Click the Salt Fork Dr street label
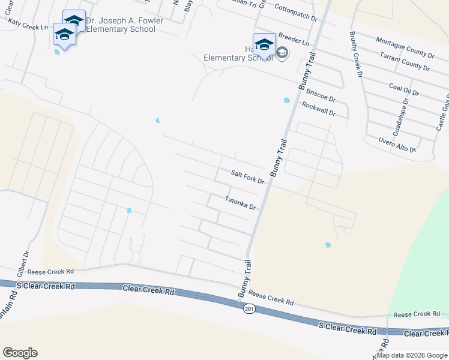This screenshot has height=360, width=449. pos(248,176)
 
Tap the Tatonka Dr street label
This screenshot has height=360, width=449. pos(241,203)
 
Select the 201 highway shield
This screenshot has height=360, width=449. pos(249,308)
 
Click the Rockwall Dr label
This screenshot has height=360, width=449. pos(318,108)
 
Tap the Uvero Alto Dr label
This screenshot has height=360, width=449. pos(397,144)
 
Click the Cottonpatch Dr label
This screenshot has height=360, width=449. pos(295,12)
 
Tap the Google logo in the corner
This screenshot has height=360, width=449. pos(20,353)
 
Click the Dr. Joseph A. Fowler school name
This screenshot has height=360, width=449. pos(120,25)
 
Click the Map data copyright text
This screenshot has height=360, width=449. pos(412,355)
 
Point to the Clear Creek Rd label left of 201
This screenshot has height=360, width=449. pos(148,289)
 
